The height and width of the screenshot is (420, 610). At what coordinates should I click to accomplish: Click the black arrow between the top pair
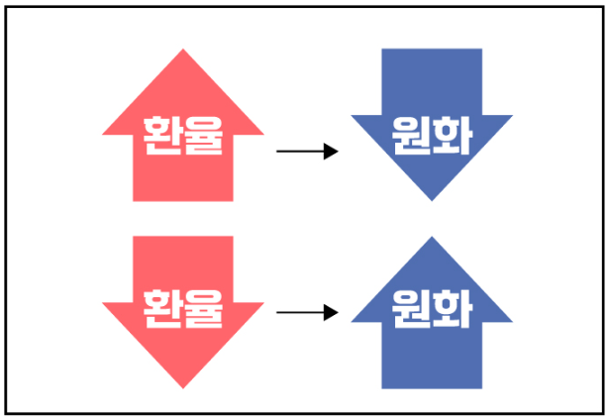click(307, 151)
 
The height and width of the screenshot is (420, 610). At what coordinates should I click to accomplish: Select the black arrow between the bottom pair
click(307, 313)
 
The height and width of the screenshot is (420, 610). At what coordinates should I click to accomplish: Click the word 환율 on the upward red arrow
click(183, 138)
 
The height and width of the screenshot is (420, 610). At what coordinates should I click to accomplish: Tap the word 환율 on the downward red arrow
click(183, 310)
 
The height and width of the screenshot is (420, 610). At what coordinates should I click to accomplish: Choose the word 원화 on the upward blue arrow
click(432, 310)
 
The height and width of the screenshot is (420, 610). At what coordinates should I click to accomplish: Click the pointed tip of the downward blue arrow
click(432, 198)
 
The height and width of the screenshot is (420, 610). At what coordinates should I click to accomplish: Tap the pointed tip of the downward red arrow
click(183, 386)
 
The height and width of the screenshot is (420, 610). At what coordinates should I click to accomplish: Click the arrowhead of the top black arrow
click(332, 151)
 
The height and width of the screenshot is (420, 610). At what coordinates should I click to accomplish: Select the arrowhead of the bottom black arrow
click(332, 313)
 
